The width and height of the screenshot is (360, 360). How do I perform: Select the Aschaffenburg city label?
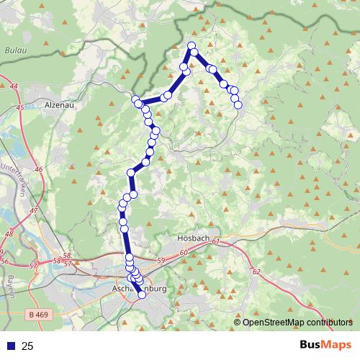click(x=141, y=288)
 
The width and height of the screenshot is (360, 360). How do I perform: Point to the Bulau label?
click(x=15, y=51)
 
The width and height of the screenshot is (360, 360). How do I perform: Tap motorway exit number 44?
click(x=14, y=86)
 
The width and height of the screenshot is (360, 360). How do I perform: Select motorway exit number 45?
click(x=19, y=107)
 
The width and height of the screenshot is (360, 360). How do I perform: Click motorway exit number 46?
click(x=38, y=169)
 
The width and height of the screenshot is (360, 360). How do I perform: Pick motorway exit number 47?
click(x=34, y=211)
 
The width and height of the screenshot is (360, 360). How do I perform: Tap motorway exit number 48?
click(x=9, y=234)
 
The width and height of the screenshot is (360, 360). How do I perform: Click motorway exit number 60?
click(x=184, y=252)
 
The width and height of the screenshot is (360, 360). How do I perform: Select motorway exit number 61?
click(x=215, y=243)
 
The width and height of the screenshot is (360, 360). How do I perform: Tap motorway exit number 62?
click(x=256, y=272)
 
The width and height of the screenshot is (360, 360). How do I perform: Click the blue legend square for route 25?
click(x=9, y=346)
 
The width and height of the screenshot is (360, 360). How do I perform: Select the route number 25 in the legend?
click(x=28, y=346)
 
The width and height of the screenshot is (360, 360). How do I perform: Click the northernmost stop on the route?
click(x=192, y=46)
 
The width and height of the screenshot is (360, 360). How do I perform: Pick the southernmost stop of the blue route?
click(x=142, y=294)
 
